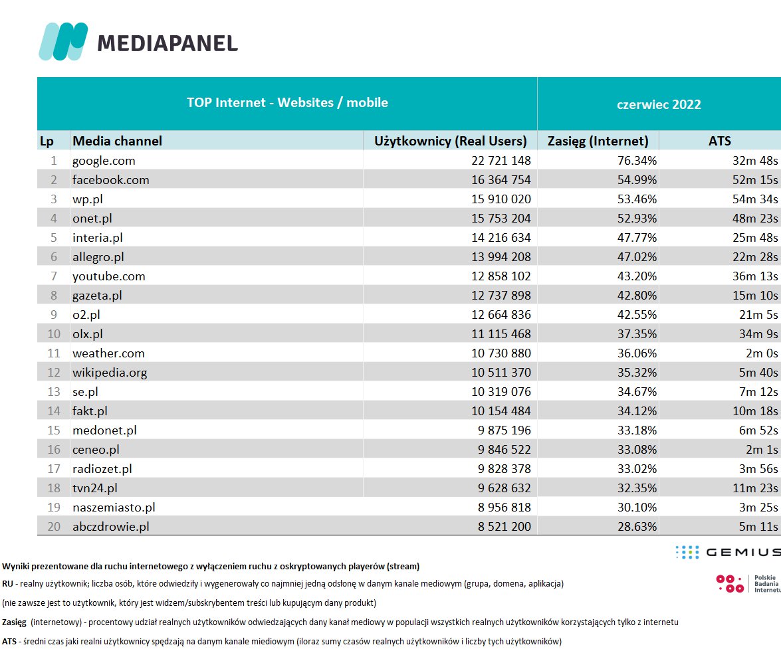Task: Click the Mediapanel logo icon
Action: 63,41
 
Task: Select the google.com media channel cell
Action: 104,161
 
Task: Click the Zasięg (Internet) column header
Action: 598,141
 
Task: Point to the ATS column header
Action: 719,141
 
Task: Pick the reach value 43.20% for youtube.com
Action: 637,276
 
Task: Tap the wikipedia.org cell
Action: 110,373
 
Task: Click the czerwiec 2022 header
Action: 659,104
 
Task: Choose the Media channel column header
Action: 117,141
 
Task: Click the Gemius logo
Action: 727,552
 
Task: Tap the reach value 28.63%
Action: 637,527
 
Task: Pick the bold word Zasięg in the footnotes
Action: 14,622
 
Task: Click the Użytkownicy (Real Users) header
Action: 451,141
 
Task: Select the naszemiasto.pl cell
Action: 114,508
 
